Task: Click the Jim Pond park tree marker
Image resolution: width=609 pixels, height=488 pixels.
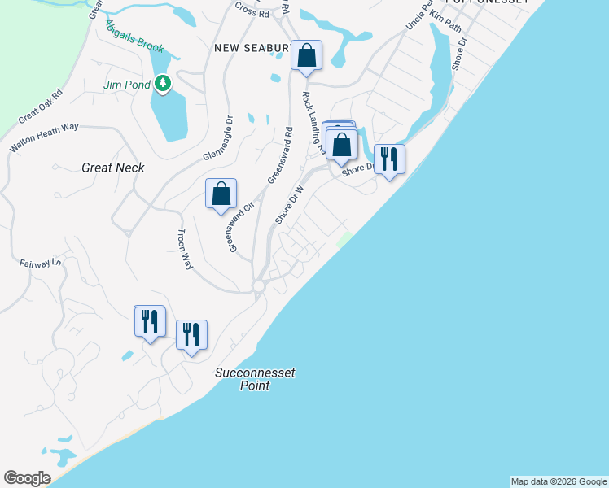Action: tap(163, 84)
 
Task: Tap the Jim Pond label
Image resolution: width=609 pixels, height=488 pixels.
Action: tap(127, 85)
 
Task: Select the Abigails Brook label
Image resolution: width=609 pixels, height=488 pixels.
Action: tap(134, 37)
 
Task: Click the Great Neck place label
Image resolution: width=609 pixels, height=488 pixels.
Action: tap(113, 168)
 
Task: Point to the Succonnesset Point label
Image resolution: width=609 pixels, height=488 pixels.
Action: tap(255, 379)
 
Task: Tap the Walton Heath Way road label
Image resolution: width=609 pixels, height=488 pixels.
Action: tap(44, 138)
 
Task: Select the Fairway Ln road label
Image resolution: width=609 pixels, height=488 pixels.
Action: tap(40, 263)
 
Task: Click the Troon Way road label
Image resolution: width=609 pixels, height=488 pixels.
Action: tap(185, 249)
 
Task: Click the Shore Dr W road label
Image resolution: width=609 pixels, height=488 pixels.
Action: tap(289, 204)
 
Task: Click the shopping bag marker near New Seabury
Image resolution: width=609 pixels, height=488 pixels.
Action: tap(307, 56)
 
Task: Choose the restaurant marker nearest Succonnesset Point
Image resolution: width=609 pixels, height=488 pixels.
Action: tap(191, 334)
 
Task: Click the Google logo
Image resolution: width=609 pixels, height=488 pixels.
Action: tap(27, 478)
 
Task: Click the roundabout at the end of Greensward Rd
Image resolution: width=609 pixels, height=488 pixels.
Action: tap(259, 287)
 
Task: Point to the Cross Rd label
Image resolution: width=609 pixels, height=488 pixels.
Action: tap(252, 13)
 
